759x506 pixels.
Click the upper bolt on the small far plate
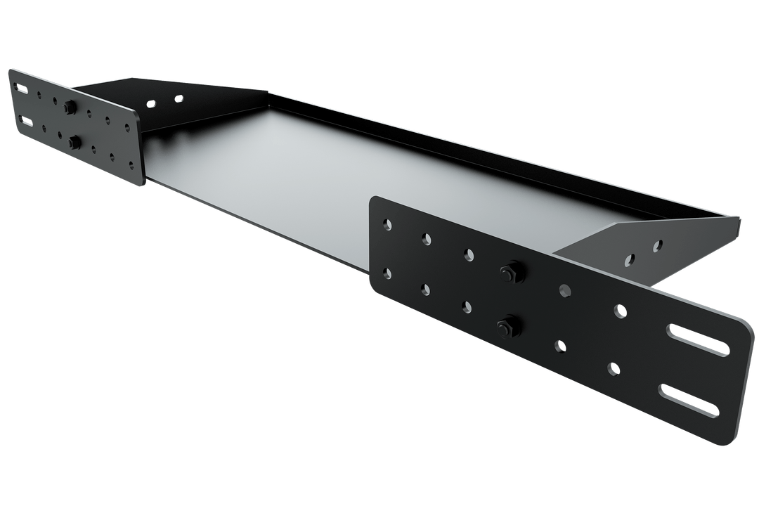(x=70, y=107)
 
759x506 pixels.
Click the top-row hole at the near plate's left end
(x=387, y=224)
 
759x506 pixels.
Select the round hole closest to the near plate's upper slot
(x=619, y=310)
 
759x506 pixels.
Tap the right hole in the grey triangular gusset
(x=657, y=246)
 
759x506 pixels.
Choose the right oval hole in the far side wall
(x=179, y=98)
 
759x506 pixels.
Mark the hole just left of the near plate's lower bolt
(x=467, y=306)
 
